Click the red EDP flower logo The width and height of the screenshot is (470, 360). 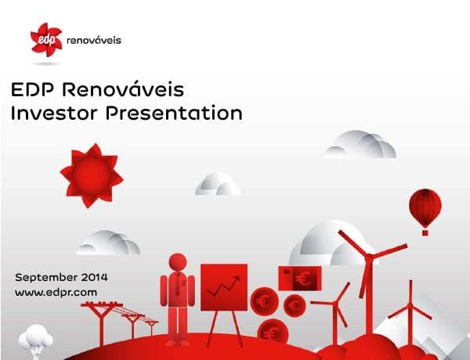45,39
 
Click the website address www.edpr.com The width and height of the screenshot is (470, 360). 56,292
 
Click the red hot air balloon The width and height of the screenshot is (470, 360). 425,207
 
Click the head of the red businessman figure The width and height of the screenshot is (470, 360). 177,262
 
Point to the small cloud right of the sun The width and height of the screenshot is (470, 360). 217,185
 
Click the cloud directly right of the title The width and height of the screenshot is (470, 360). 360,144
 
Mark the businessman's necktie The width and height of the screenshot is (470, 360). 178,286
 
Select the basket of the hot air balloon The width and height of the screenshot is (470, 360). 425,231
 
